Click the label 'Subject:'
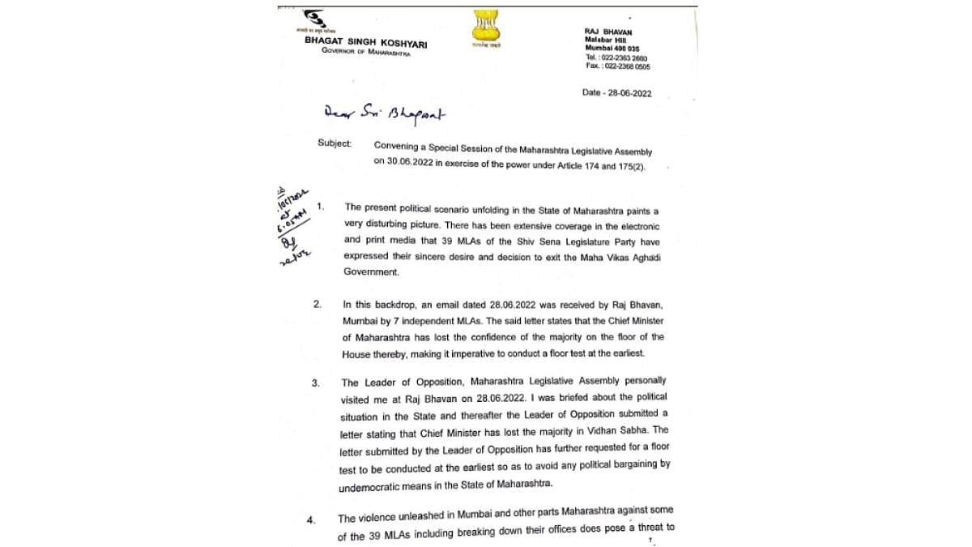335,143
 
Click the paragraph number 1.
321,207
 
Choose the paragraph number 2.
318,305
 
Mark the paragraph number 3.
315,382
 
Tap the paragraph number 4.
311,519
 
